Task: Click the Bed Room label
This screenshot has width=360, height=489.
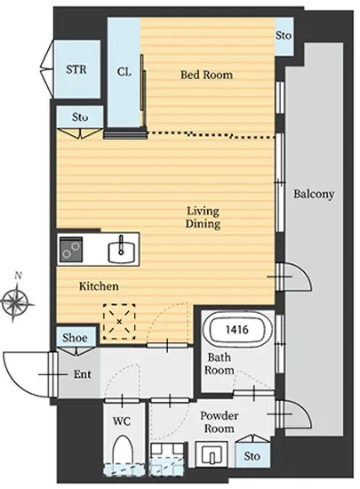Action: click(x=206, y=75)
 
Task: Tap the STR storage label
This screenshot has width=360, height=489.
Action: click(x=76, y=69)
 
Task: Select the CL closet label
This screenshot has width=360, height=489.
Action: click(x=124, y=72)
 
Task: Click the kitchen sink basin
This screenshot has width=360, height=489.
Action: click(x=122, y=252)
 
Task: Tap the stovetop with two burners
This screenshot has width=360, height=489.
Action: click(x=71, y=250)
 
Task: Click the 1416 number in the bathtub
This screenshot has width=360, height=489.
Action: click(x=236, y=329)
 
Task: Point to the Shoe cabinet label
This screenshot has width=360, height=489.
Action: click(x=75, y=338)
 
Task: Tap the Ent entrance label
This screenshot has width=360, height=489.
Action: click(x=83, y=374)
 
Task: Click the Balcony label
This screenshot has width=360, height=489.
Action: click(x=314, y=194)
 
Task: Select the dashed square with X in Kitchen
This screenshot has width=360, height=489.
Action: click(x=119, y=322)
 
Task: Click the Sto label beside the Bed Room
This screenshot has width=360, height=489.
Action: click(x=284, y=36)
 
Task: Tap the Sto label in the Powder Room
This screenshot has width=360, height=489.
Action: click(x=252, y=456)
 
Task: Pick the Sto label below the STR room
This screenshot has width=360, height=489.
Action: click(x=80, y=117)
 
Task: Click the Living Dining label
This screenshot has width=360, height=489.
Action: click(x=203, y=217)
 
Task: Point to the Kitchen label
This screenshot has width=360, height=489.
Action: click(x=99, y=286)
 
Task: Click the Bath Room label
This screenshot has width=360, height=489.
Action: click(x=220, y=364)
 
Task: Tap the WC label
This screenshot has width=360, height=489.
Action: click(x=122, y=421)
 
